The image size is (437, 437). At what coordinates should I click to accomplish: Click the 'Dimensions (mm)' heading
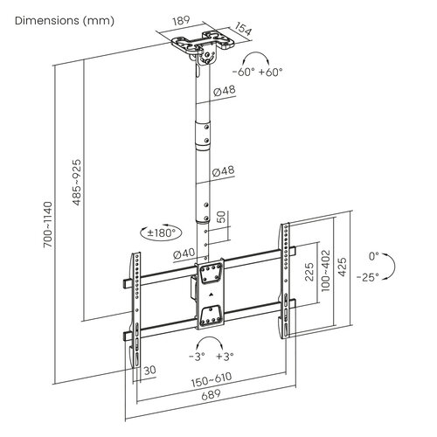(65, 21)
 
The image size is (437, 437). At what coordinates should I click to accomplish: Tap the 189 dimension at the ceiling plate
(181, 21)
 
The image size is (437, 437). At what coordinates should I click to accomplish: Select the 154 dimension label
(243, 29)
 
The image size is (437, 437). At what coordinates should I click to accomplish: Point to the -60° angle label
(244, 72)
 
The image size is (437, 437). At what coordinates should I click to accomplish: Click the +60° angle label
(270, 72)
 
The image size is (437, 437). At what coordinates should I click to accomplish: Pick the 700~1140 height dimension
(47, 225)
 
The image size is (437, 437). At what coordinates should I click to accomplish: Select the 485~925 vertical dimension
(76, 183)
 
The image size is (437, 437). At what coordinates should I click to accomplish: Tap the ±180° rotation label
(161, 232)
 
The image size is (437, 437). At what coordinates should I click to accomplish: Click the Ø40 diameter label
(184, 254)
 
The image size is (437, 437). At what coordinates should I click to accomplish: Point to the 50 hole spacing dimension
(221, 217)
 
